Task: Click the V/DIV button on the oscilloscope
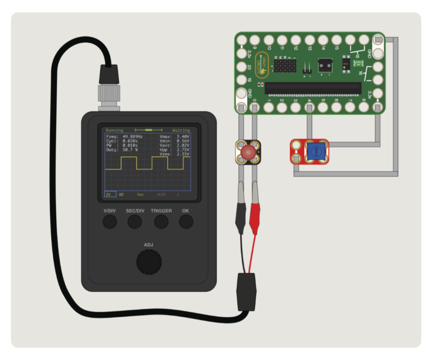pyautogui.click(x=109, y=222)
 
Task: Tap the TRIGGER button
pyautogui.click(x=161, y=222)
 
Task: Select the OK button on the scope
pyautogui.click(x=186, y=222)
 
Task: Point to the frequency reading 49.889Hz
pyautogui.click(x=132, y=137)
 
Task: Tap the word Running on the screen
pyautogui.click(x=114, y=130)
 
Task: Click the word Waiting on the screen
pyautogui.click(x=181, y=130)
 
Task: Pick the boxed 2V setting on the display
pyautogui.click(x=109, y=194)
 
